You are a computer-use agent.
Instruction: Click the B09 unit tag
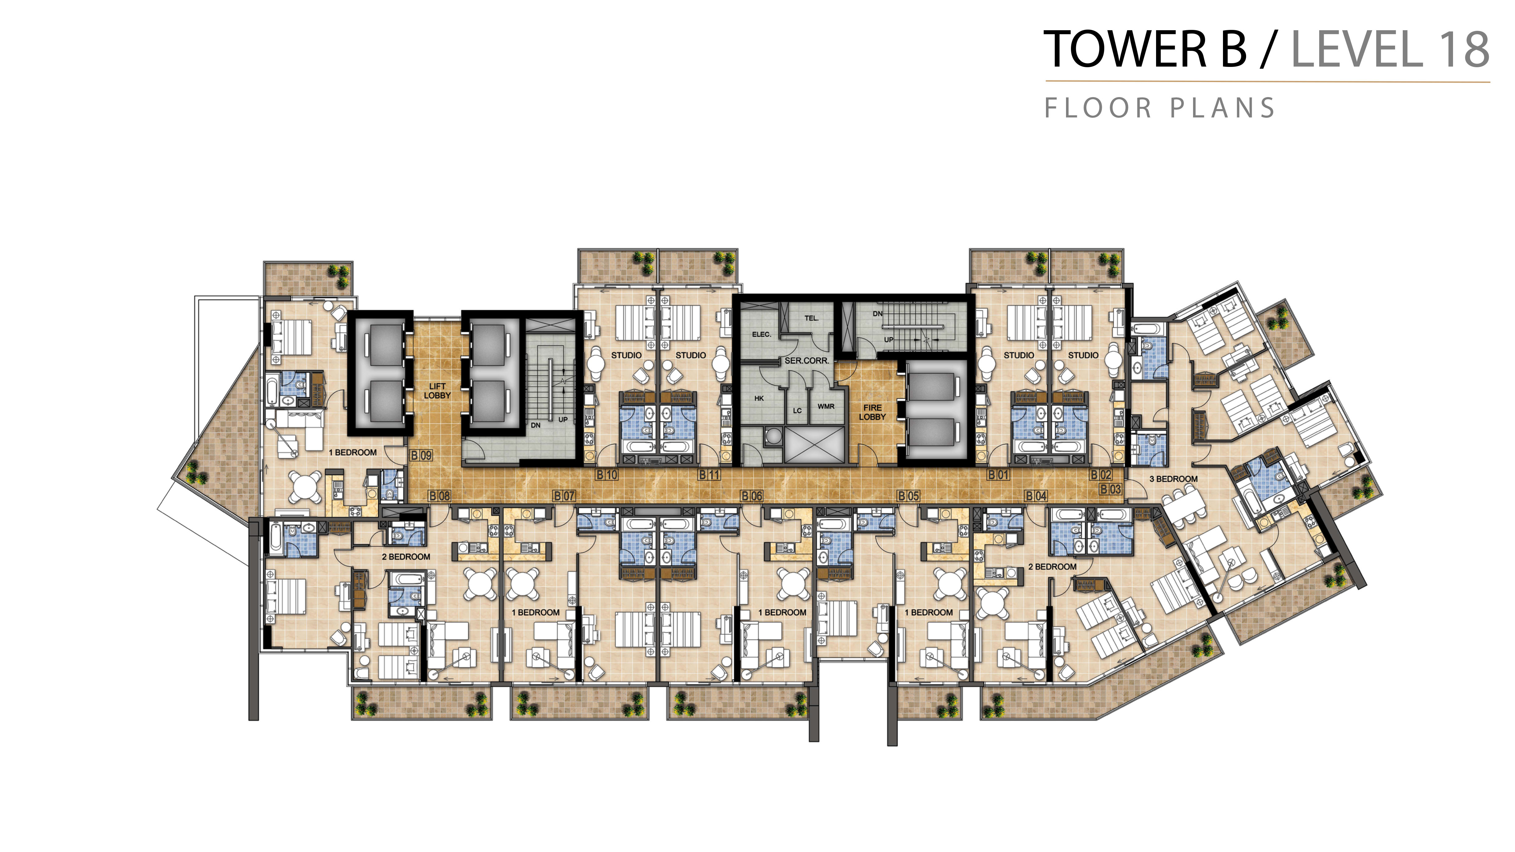click(421, 455)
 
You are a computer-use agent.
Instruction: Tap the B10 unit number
click(607, 474)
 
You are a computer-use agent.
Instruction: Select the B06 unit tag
click(751, 496)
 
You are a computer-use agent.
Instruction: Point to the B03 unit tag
click(1110, 489)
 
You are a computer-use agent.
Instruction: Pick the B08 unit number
click(439, 496)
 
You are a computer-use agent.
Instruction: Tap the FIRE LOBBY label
click(872, 412)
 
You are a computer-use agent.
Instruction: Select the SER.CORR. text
click(807, 360)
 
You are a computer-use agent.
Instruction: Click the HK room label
click(759, 398)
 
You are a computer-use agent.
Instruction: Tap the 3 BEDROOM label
click(1173, 479)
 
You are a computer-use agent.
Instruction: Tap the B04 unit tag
click(1036, 496)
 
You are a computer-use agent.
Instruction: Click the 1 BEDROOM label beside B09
click(352, 452)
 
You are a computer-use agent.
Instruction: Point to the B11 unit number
click(709, 474)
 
